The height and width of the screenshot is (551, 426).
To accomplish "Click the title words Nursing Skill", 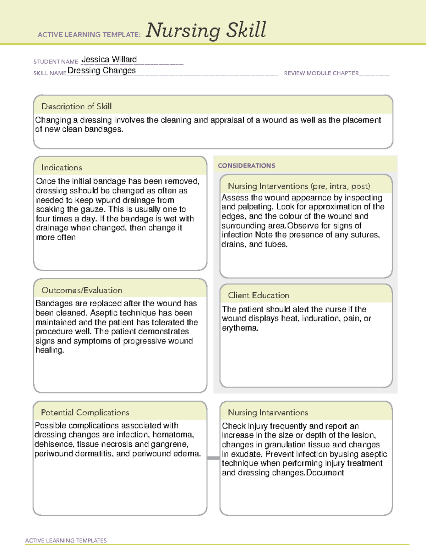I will pos(206,31).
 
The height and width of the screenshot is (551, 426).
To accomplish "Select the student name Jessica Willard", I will pos(109,60).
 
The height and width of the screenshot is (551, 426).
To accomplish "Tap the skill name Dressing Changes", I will pos(102,71).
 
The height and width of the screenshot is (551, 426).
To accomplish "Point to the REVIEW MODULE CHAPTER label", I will pos(321,73).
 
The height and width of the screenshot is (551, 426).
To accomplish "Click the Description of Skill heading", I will pos(76,106).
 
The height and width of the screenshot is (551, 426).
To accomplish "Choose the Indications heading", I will pos(61,167).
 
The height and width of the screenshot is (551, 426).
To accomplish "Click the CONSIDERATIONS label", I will pos(246,166).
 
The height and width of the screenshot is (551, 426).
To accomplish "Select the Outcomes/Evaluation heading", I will pos(82,290).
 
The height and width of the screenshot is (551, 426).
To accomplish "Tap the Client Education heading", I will pos(258,295).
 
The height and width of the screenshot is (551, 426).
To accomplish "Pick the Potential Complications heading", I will pos(85,413).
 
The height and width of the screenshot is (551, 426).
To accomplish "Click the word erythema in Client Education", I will pos(240,328).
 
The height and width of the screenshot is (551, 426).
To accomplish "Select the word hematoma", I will pos(173,435).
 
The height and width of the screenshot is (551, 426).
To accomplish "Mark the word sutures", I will pos(366,235).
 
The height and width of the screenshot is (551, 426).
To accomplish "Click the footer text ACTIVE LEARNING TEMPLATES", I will pos(66,540).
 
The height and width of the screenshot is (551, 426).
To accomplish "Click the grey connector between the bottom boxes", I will pos(213,458).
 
